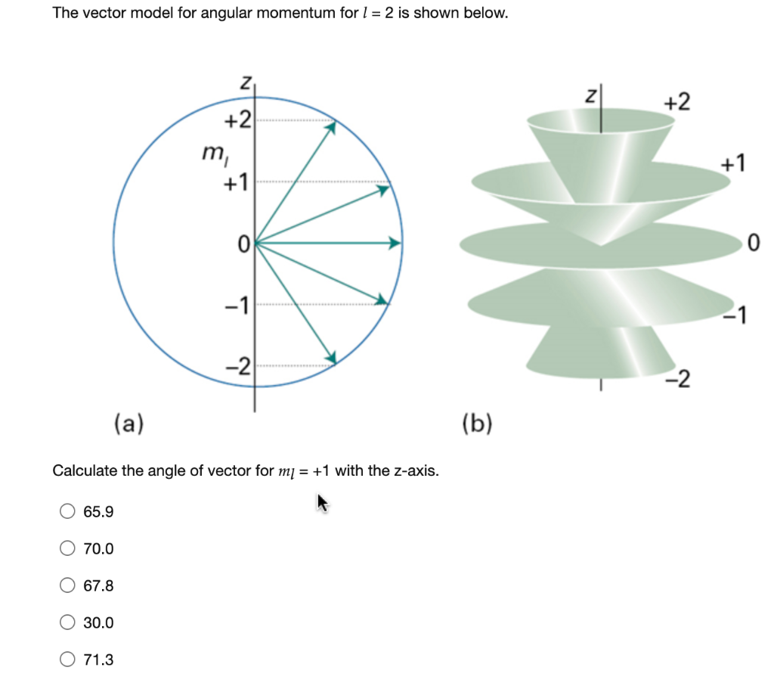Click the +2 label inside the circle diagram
(238, 120)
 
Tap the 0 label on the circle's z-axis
(243, 244)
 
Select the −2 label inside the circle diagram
(237, 367)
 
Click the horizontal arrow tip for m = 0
(395, 243)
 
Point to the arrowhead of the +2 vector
(330, 128)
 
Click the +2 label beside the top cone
(676, 102)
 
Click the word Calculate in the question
(85, 471)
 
